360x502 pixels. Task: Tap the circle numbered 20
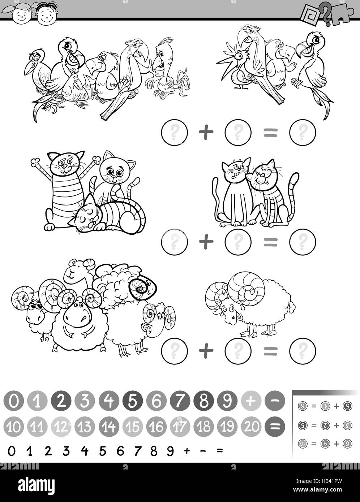(252, 427)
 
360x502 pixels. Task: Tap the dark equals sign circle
(275, 427)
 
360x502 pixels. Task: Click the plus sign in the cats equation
(206, 241)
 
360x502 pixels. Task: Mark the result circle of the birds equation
(303, 133)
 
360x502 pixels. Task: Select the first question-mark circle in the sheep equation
(174, 350)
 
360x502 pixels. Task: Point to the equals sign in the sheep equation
(270, 350)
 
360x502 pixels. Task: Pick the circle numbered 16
(157, 427)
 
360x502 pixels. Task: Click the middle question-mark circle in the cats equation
(238, 241)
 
